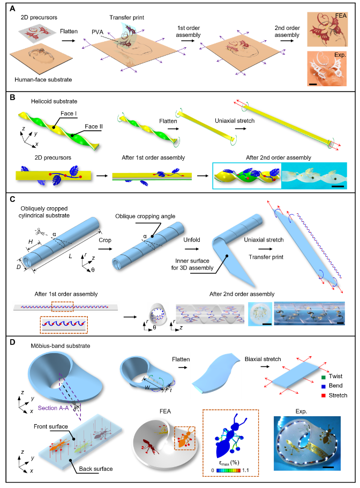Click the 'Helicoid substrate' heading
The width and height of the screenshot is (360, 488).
click(40, 102)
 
